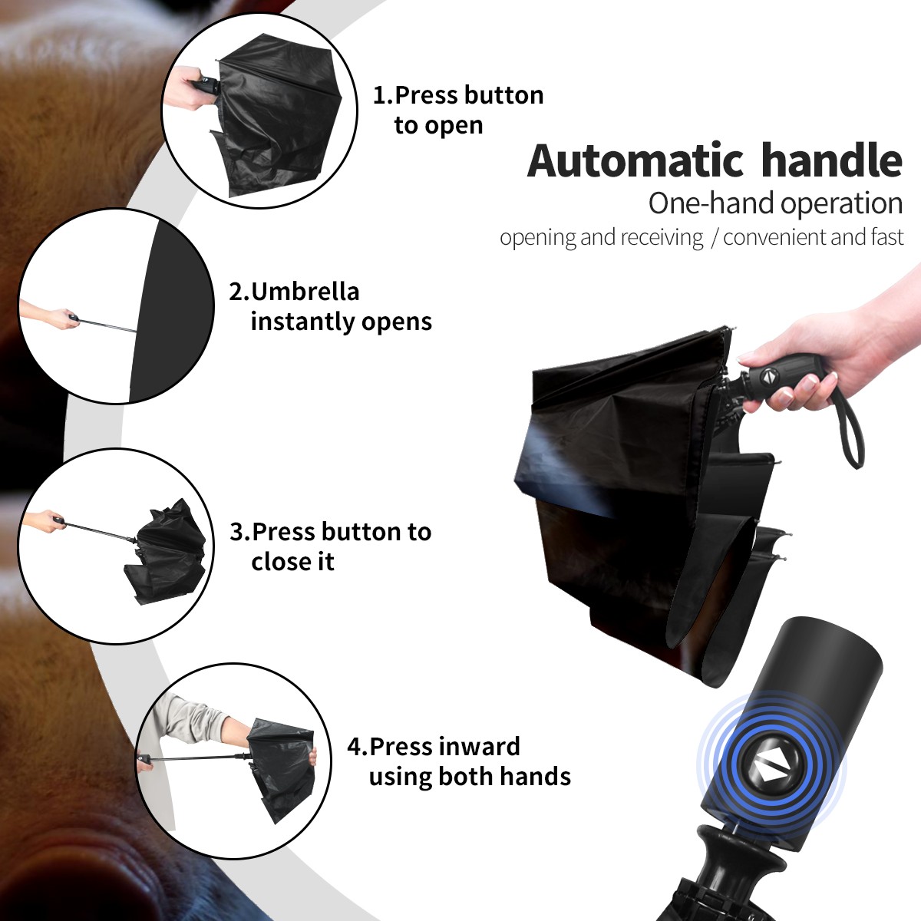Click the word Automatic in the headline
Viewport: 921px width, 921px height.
[x=635, y=161]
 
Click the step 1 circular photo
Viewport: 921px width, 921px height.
[x=259, y=110]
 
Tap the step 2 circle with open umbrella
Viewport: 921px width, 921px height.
[x=116, y=306]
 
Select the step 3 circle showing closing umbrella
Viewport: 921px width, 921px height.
[x=116, y=546]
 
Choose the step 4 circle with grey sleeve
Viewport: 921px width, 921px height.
[x=233, y=761]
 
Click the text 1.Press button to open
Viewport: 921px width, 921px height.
[x=458, y=110]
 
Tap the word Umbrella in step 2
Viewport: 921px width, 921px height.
[x=305, y=292]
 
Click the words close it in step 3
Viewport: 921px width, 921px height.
[x=292, y=562]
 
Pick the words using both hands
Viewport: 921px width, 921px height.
[x=470, y=776]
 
